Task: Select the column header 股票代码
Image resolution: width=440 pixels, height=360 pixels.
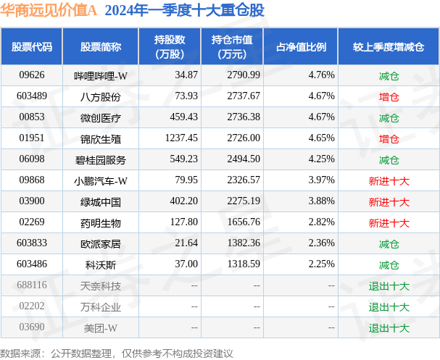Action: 32,47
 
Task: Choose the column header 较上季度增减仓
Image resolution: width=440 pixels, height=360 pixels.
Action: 389,47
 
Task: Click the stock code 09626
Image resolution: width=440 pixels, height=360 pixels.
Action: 32,75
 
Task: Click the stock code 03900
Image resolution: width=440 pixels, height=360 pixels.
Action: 32,201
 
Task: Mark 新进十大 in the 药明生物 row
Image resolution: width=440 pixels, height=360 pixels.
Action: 389,222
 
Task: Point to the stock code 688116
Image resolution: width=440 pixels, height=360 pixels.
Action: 32,285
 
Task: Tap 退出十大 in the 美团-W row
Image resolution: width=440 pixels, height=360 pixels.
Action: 389,327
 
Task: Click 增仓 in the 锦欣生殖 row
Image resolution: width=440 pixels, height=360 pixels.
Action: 389,138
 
